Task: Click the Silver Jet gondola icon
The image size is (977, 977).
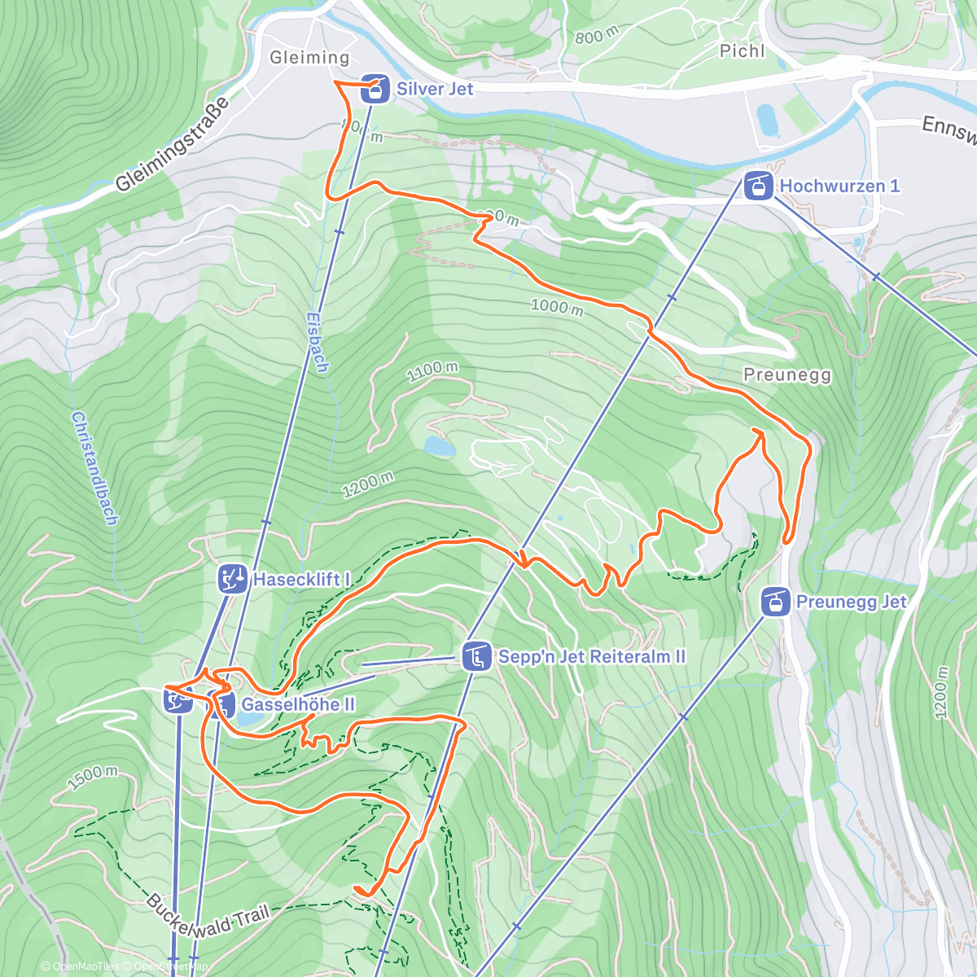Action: click(x=375, y=89)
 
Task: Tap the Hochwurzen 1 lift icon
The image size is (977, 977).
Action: click(x=758, y=186)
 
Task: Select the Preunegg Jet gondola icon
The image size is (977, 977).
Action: click(x=774, y=602)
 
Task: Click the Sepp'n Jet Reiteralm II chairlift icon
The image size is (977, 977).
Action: click(x=475, y=656)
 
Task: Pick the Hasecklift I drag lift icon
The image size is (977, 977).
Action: click(x=232, y=580)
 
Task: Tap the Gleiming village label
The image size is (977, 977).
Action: click(x=309, y=58)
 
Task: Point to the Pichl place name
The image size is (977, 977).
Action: click(x=742, y=51)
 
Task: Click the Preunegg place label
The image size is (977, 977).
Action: click(x=787, y=375)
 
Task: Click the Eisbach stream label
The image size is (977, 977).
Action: click(x=318, y=343)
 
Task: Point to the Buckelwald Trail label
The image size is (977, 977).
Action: click(x=207, y=916)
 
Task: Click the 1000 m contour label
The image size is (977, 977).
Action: click(x=557, y=307)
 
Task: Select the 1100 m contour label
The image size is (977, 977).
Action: click(x=432, y=371)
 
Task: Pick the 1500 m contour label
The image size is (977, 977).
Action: click(x=92, y=778)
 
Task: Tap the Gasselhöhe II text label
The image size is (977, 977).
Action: click(x=298, y=704)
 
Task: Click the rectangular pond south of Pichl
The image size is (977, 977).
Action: click(x=767, y=120)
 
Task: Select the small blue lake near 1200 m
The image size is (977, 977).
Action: click(x=438, y=445)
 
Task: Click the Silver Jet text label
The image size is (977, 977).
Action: click(x=435, y=89)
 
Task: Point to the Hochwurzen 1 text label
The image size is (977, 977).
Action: click(x=839, y=186)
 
